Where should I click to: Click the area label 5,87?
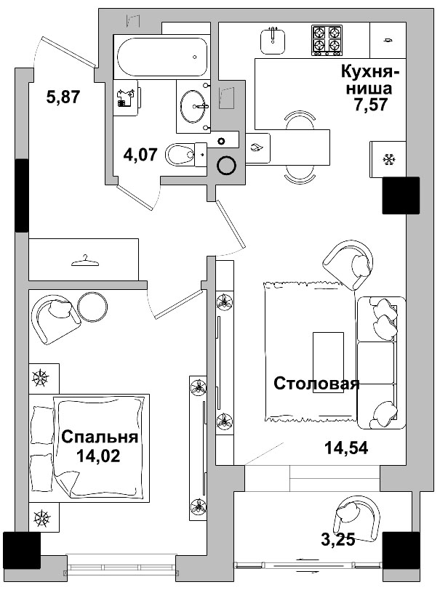pyautogui.click(x=63, y=97)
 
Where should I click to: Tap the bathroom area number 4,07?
pyautogui.click(x=140, y=154)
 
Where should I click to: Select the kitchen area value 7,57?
pyautogui.click(x=370, y=104)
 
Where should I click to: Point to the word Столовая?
pyautogui.click(x=316, y=384)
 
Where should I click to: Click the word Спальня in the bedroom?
pyautogui.click(x=100, y=437)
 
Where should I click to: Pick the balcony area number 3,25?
pyautogui.click(x=338, y=540)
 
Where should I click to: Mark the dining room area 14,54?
pyautogui.click(x=346, y=448)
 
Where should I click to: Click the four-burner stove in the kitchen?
pyautogui.click(x=327, y=40)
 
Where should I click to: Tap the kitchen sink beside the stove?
pyautogui.click(x=272, y=41)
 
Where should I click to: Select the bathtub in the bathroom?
pyautogui.click(x=162, y=57)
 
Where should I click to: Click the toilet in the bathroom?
pyautogui.click(x=185, y=154)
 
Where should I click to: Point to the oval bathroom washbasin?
pyautogui.click(x=193, y=106)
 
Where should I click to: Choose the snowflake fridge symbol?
pyautogui.click(x=388, y=160)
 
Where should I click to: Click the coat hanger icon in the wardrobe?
pyautogui.click(x=85, y=260)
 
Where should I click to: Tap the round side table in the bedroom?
pyautogui.click(x=92, y=307)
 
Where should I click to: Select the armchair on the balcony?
pyautogui.click(x=358, y=514)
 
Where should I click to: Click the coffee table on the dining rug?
pyautogui.click(x=328, y=363)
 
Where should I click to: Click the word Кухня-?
pyautogui.click(x=370, y=71)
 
